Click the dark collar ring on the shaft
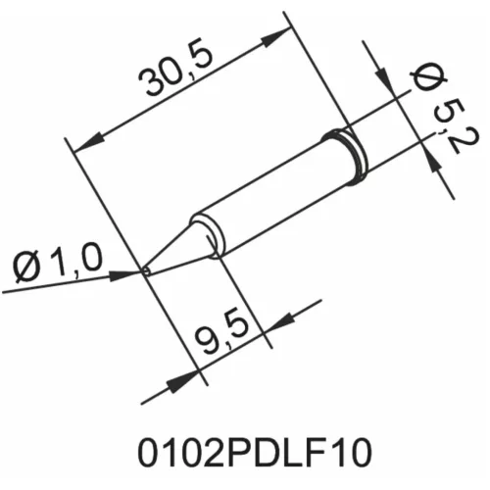pos(349,156)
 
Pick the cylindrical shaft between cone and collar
pos(269,197)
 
